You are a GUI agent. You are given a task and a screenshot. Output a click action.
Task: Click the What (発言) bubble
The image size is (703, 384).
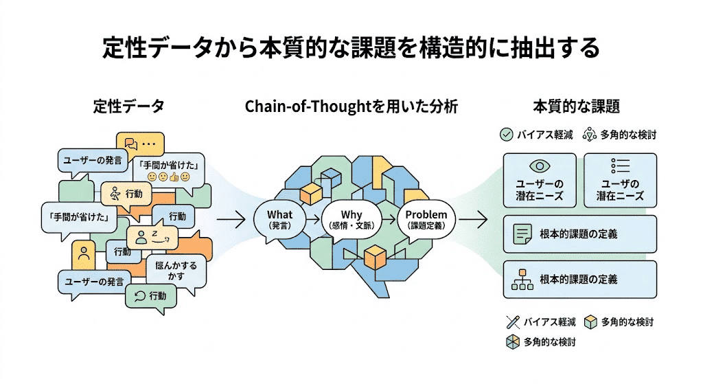[279, 219]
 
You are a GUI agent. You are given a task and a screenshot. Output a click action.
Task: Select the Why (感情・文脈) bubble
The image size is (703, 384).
[351, 219]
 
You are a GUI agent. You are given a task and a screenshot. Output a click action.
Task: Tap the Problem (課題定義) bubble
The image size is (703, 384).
[426, 219]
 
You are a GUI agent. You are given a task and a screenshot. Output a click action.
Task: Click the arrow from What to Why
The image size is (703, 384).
[313, 220]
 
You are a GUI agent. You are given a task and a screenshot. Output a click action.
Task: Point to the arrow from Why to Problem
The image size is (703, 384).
[389, 220]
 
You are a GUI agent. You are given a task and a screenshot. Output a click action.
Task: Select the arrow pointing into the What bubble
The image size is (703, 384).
[230, 220]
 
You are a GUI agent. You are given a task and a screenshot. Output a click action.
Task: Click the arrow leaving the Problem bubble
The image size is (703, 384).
[473, 220]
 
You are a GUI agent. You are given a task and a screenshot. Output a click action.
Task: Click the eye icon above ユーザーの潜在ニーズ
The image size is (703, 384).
[539, 166]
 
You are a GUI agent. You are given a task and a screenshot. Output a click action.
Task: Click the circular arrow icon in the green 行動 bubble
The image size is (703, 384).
[139, 296]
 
